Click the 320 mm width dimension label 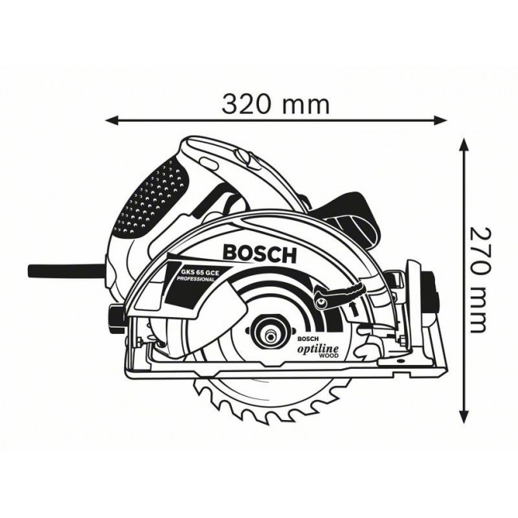(x=275, y=103)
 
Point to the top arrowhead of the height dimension (x=465, y=144)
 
